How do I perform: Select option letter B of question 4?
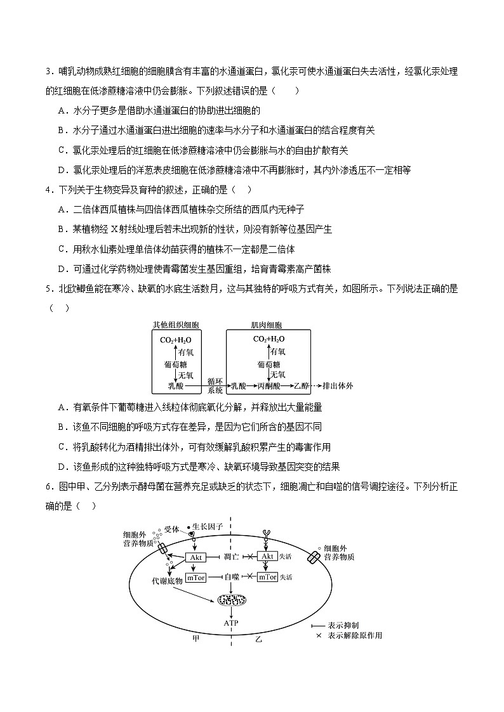click(62, 229)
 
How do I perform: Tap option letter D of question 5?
click(62, 467)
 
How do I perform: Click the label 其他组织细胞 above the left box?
click(176, 325)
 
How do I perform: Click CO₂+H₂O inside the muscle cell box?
click(269, 339)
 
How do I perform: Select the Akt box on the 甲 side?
click(196, 557)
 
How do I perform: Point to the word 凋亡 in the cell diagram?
click(231, 557)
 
